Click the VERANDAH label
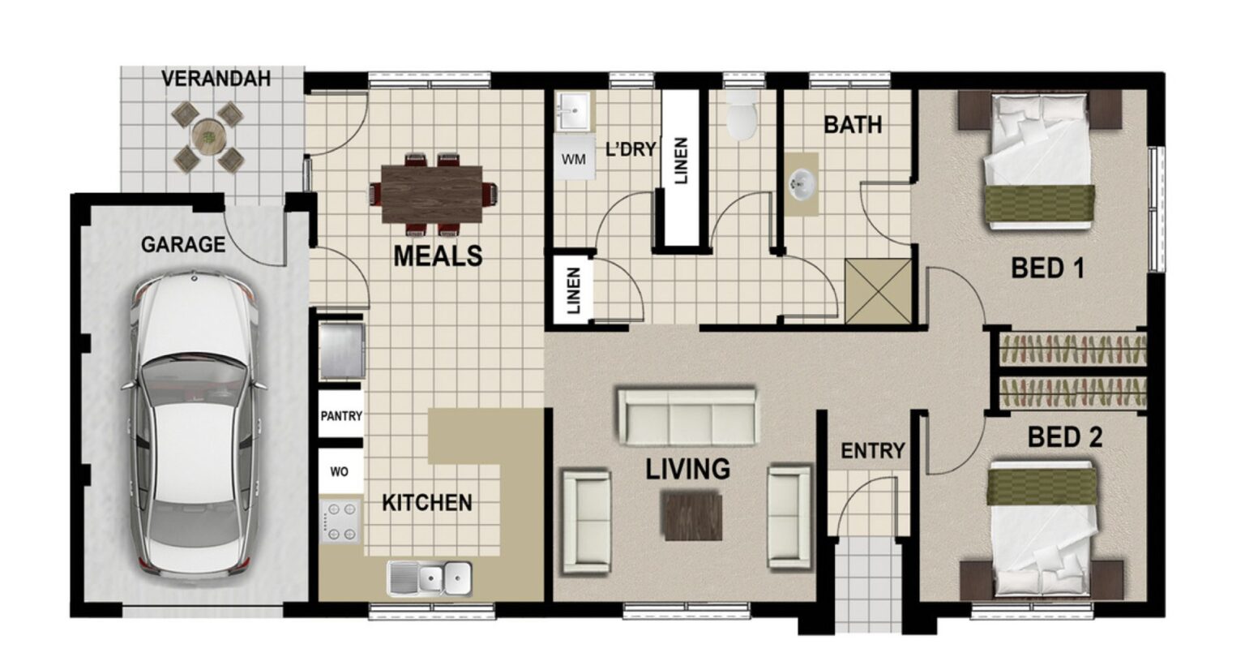(216, 79)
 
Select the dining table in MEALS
(431, 193)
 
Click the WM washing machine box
(573, 160)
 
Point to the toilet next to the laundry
(741, 116)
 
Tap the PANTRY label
(340, 416)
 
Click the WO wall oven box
(340, 471)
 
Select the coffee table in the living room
(691, 516)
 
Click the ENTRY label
(872, 451)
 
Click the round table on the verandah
(208, 135)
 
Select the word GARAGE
(183, 244)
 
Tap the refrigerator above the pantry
(341, 351)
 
